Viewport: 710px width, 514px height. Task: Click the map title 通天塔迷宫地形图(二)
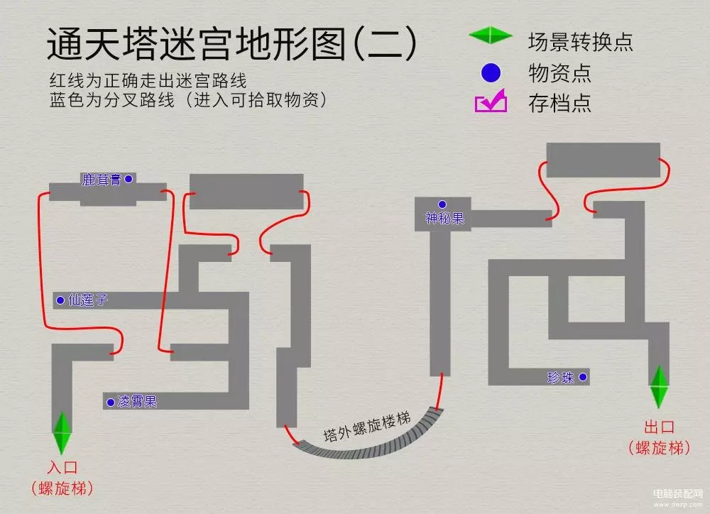point(231,45)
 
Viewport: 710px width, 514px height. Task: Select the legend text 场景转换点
point(580,41)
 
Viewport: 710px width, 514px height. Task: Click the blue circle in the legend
point(491,72)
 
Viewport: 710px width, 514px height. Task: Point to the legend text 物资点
point(559,72)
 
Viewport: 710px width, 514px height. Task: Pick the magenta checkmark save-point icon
point(491,102)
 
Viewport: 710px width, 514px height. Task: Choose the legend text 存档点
point(559,104)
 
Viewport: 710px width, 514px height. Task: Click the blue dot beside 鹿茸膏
point(129,179)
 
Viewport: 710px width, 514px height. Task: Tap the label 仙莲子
point(87,300)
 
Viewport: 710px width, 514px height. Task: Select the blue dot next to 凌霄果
point(110,403)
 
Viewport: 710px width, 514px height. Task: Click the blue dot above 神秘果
point(442,204)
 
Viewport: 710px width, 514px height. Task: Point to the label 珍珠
point(561,378)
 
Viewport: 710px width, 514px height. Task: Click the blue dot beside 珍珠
point(583,377)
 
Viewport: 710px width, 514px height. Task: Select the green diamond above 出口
point(658,386)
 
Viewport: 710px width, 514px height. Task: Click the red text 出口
point(659,428)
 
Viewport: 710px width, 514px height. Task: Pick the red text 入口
point(62,468)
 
